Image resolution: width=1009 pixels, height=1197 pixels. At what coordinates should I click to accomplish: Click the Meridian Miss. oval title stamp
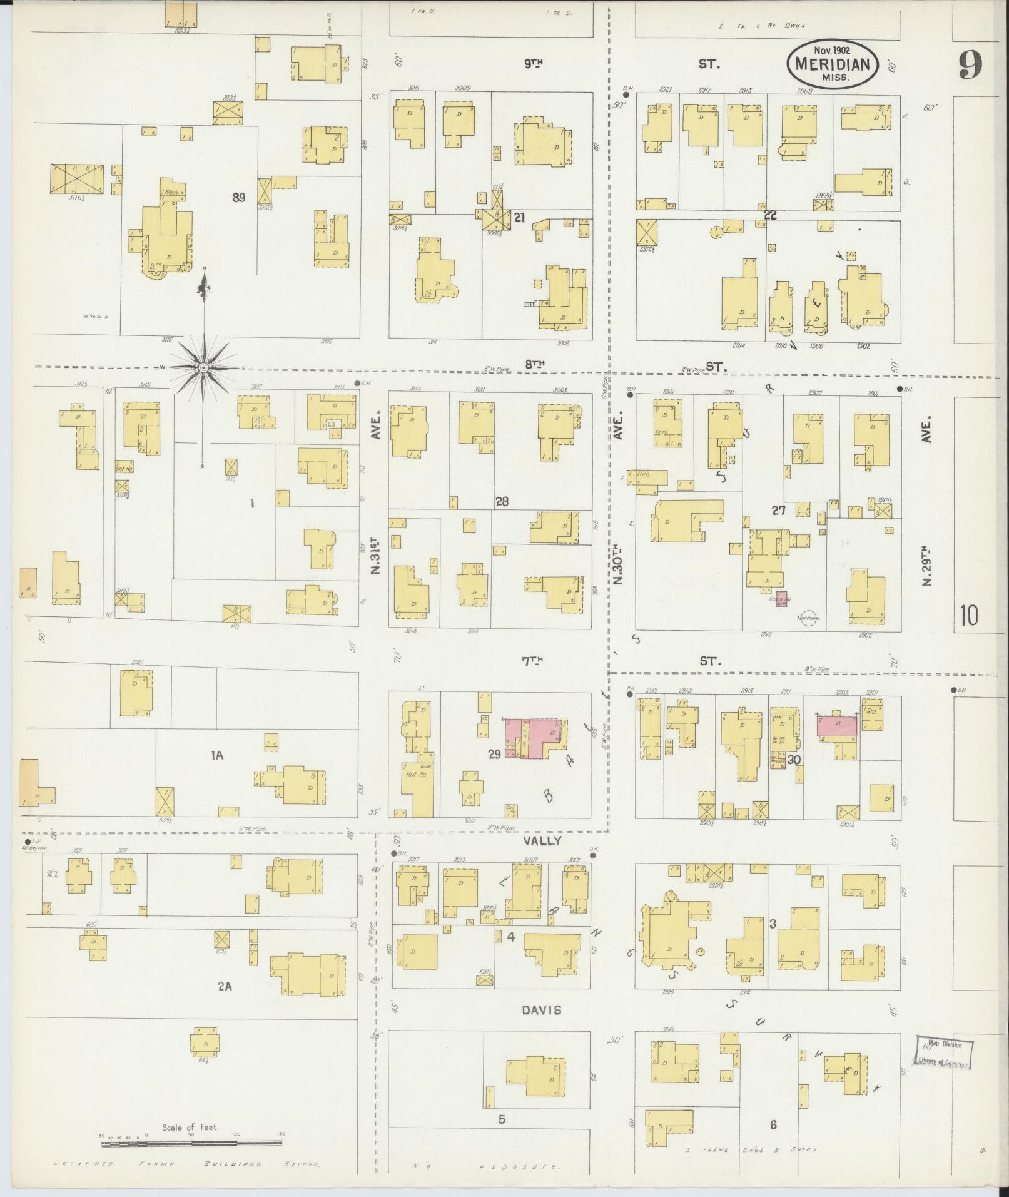[x=833, y=63]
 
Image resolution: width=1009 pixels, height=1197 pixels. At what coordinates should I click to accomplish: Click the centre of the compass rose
[x=203, y=367]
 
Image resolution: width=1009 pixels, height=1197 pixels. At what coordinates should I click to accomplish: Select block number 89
[x=238, y=198]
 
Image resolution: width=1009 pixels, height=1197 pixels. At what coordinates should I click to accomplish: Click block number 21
[x=518, y=217]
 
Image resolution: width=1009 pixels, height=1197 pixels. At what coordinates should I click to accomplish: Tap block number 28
[x=502, y=501]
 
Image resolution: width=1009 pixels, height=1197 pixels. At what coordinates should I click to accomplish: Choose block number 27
[x=778, y=510]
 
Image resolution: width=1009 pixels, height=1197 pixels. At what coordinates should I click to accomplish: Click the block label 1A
[x=216, y=755]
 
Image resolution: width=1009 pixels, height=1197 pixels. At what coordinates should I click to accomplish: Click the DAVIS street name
[x=539, y=1010]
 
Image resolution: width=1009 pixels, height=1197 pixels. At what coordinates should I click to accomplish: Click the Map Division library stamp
[x=945, y=1052]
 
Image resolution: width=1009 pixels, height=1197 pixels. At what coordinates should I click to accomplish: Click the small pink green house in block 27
[x=781, y=599]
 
